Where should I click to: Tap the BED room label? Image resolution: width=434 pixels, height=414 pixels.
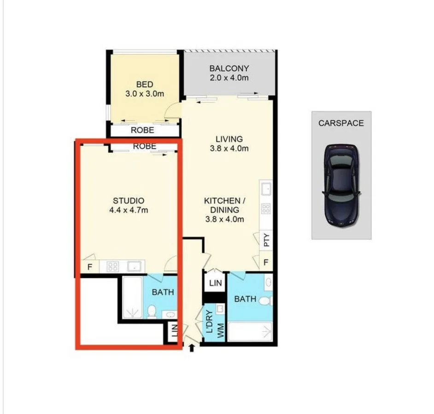click(144, 85)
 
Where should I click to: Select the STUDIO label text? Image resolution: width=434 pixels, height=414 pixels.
click(129, 201)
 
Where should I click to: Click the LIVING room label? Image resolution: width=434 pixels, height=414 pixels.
click(229, 139)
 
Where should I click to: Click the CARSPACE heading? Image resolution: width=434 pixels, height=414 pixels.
click(341, 123)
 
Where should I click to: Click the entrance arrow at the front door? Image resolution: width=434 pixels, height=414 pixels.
click(192, 349)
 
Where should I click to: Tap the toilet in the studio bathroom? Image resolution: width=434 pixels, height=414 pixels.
click(151, 312)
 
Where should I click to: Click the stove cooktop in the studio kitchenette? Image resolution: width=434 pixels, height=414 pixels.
click(113, 266)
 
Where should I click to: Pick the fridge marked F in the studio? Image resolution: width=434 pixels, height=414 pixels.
click(89, 267)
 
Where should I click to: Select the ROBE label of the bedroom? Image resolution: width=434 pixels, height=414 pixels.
click(142, 130)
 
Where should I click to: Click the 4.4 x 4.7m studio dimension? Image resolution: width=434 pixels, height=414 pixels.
click(129, 210)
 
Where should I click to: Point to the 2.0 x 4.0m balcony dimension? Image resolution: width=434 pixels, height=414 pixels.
click(229, 78)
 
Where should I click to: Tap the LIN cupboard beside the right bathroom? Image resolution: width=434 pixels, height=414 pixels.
click(215, 283)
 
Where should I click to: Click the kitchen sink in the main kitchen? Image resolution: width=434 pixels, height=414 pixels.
click(266, 189)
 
